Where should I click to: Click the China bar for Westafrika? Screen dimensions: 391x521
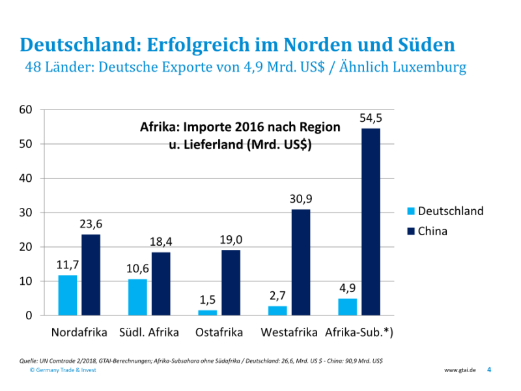301,262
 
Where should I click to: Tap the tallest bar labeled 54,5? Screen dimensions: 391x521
371,222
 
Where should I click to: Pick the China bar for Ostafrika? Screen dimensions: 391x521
231,282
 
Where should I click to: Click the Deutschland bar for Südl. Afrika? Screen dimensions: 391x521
137,297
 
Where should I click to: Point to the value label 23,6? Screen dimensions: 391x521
91,224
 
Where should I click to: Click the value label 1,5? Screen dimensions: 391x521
207,300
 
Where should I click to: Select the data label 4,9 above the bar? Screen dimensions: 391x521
348,287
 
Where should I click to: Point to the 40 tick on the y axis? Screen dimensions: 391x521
25,178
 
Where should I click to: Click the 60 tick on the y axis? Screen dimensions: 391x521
25,109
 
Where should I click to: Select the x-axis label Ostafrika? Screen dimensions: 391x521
219,332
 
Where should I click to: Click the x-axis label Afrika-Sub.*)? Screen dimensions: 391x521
359,332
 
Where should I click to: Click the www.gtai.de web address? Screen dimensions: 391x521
460,370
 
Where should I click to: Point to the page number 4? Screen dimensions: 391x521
489,370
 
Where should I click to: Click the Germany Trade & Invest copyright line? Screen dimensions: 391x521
63,370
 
